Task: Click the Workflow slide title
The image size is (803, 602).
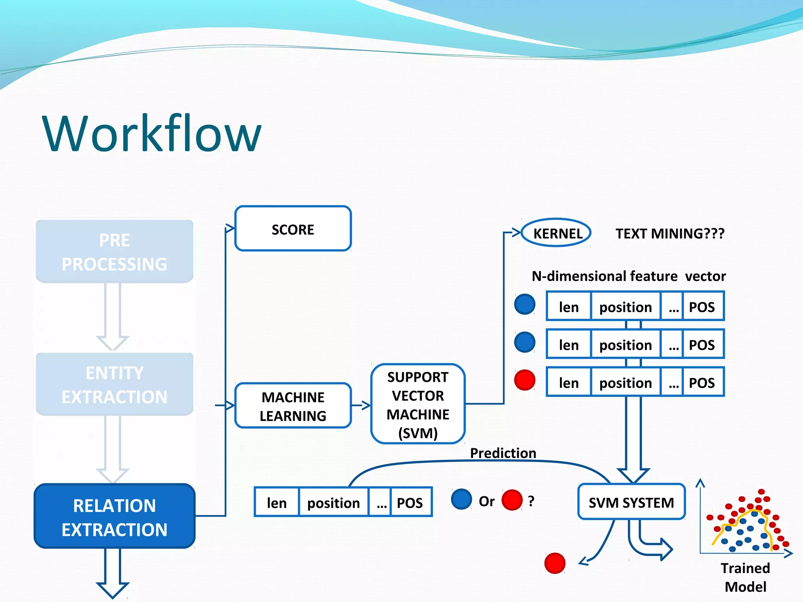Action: tap(152, 133)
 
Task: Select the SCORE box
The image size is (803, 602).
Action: tap(293, 229)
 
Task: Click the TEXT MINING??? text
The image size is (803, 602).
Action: tap(670, 234)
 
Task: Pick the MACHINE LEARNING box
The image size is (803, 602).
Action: tap(293, 406)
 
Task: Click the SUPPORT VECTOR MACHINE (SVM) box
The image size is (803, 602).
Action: tap(418, 404)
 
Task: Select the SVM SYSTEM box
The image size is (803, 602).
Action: tap(631, 502)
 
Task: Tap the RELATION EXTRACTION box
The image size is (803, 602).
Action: tap(114, 517)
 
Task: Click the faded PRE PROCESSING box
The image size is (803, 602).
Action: tap(114, 252)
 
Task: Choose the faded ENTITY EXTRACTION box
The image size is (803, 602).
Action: tap(114, 384)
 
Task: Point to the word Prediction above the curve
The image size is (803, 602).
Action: tap(503, 453)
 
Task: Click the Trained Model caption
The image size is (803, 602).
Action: tap(745, 577)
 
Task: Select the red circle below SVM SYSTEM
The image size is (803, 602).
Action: tap(555, 563)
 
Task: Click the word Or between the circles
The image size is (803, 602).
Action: tap(487, 501)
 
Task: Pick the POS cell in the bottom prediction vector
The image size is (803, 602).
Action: tap(410, 502)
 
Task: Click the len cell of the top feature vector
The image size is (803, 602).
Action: tap(569, 307)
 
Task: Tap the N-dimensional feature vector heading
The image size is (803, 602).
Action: tap(629, 276)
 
